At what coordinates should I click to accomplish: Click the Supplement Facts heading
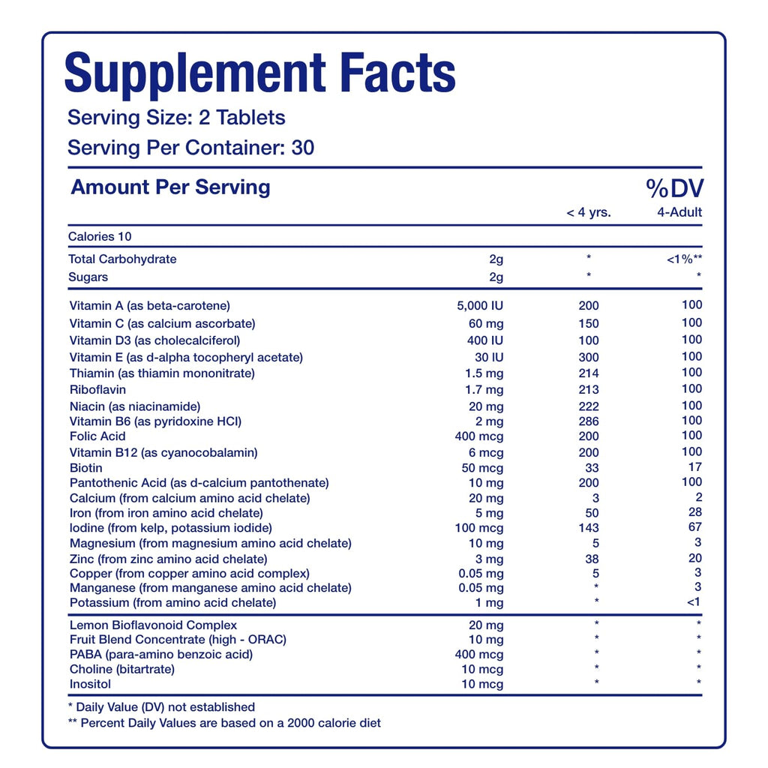(259, 73)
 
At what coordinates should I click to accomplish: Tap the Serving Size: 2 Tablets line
(176, 118)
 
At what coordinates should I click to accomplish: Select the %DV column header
(674, 188)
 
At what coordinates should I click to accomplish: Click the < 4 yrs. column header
(588, 212)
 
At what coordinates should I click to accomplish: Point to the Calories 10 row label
(100, 236)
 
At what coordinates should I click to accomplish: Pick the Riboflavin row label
(97, 390)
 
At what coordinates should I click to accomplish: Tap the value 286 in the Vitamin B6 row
(589, 421)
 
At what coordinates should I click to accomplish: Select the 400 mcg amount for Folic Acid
(479, 436)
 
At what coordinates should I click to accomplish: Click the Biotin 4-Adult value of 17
(695, 466)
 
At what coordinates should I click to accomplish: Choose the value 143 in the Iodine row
(589, 528)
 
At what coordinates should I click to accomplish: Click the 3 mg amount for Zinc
(488, 559)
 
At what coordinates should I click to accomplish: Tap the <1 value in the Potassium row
(694, 602)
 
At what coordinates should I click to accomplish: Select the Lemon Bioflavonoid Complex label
(153, 625)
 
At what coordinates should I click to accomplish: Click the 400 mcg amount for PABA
(479, 655)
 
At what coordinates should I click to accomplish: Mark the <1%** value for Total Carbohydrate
(684, 259)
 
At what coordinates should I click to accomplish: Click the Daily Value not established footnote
(161, 707)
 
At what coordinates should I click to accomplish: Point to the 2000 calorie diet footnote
(224, 723)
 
